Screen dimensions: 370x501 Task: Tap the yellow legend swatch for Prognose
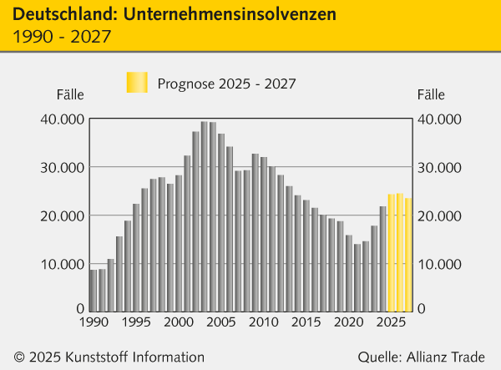point(136,83)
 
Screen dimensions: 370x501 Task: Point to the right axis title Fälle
point(431,95)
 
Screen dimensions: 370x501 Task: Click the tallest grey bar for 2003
point(204,217)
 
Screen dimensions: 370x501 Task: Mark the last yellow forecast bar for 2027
point(408,254)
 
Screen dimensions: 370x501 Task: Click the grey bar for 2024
point(383,258)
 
